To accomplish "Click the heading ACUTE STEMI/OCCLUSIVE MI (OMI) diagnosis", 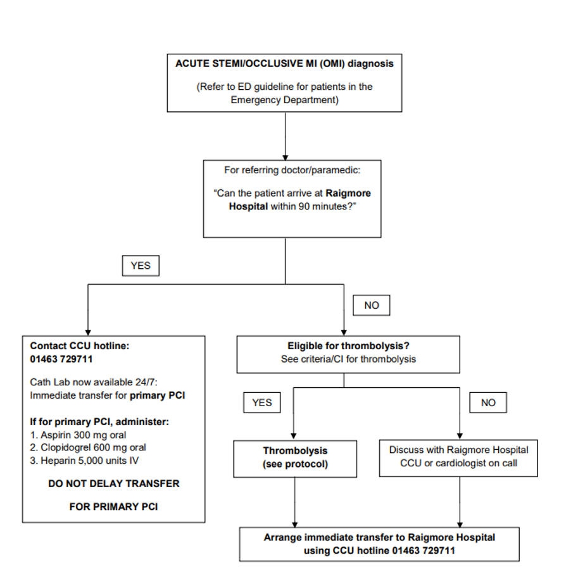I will click(x=284, y=64).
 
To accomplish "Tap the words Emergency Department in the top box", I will click(x=284, y=100).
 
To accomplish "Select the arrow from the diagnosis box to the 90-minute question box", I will click(x=286, y=135).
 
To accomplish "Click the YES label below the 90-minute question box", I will click(x=141, y=266).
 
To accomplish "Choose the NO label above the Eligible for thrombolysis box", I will click(x=372, y=305).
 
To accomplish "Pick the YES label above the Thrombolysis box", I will click(x=261, y=402).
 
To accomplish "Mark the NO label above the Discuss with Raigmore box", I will click(x=488, y=402).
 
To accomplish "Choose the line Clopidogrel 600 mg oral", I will click(x=88, y=447).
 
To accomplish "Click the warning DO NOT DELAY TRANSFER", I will click(x=114, y=483).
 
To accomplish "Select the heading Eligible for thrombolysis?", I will click(x=348, y=347).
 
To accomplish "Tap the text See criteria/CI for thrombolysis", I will click(x=348, y=359).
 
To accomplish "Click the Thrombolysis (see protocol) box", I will click(x=296, y=457).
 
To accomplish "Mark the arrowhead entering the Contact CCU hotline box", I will click(x=87, y=331).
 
